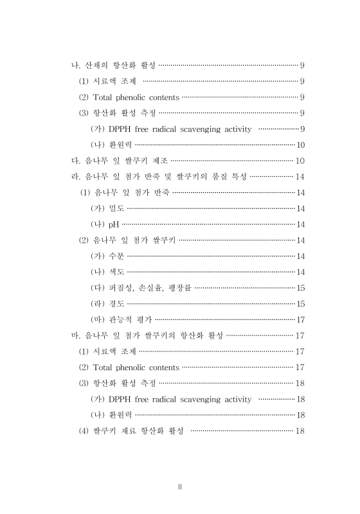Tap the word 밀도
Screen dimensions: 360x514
tap(116, 208)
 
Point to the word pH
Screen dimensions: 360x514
tap(113, 224)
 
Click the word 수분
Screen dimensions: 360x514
tap(116, 256)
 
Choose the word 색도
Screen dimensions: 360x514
tap(116, 272)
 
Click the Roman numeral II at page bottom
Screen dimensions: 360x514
tap(181, 486)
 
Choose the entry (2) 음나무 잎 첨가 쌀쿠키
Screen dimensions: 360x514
tap(127, 240)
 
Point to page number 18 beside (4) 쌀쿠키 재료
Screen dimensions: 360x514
tap(300, 431)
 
